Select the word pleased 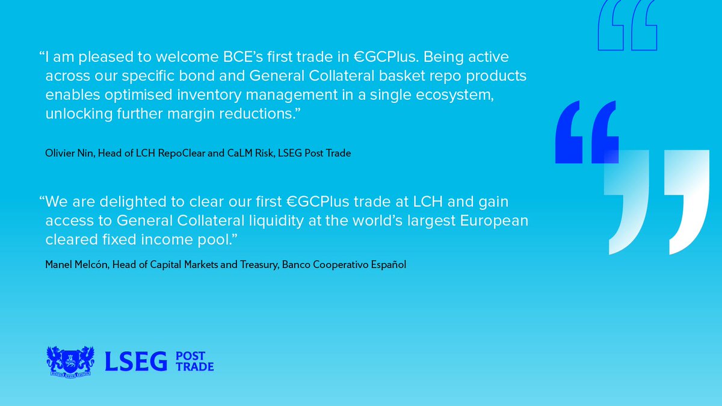[x=109, y=58]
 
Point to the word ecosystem [x=452, y=96]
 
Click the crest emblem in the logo [x=70, y=360]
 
